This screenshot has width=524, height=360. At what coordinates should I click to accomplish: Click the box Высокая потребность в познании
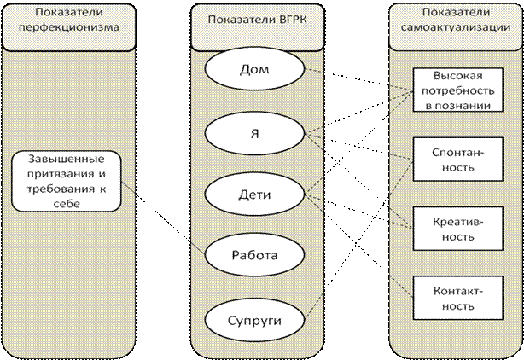tap(451, 90)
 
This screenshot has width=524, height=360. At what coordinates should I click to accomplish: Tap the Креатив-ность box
tap(451, 228)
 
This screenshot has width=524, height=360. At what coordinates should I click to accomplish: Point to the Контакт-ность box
tap(451, 297)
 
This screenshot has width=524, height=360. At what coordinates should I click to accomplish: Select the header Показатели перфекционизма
tap(66, 24)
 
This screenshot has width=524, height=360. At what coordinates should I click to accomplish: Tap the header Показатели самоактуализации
tap(452, 24)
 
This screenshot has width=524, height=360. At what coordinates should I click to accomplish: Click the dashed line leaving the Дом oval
tap(315, 71)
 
